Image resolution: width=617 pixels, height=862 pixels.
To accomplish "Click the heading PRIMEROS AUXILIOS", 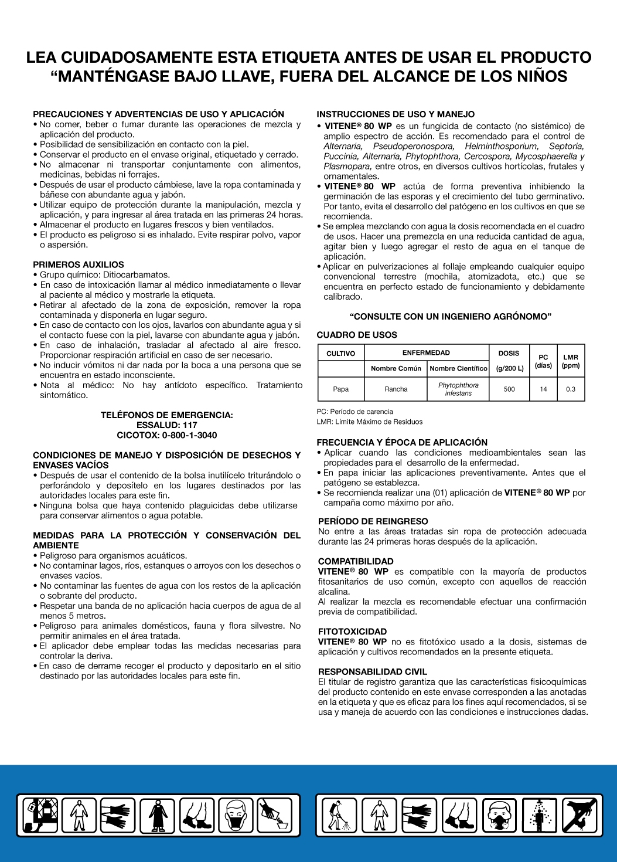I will point(79,265).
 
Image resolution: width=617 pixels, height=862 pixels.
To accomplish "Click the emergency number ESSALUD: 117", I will point(167,425).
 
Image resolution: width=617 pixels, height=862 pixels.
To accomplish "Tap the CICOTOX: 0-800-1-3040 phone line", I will point(167,435).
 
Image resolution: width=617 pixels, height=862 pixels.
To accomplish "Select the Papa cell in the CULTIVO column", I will point(340,389).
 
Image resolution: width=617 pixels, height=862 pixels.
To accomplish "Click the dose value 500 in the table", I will point(509,389).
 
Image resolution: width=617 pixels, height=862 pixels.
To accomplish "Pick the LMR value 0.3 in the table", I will point(571,389).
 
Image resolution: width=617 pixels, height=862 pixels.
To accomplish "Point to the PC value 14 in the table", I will point(543,389).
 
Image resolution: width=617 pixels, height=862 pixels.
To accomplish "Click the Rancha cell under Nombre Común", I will point(396,389).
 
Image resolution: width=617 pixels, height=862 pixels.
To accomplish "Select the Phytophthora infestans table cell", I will point(458,389).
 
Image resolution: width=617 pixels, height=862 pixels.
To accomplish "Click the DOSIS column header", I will point(509,353).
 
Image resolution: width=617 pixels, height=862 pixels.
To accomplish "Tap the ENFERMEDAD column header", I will point(426,352).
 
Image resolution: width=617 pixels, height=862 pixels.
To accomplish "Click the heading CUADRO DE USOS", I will point(357,335).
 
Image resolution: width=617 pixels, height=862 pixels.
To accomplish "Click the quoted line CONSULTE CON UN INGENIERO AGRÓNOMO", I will point(451,317).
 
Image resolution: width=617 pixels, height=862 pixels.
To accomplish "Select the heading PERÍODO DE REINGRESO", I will point(373,521).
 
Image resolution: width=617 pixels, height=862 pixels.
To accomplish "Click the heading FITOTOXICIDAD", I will point(353,632).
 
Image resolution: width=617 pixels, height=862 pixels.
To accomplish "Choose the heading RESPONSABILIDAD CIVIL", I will point(373,671).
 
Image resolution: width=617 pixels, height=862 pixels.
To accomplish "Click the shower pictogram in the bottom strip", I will point(539,815).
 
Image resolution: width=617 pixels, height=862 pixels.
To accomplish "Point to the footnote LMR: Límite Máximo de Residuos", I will point(370,422).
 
